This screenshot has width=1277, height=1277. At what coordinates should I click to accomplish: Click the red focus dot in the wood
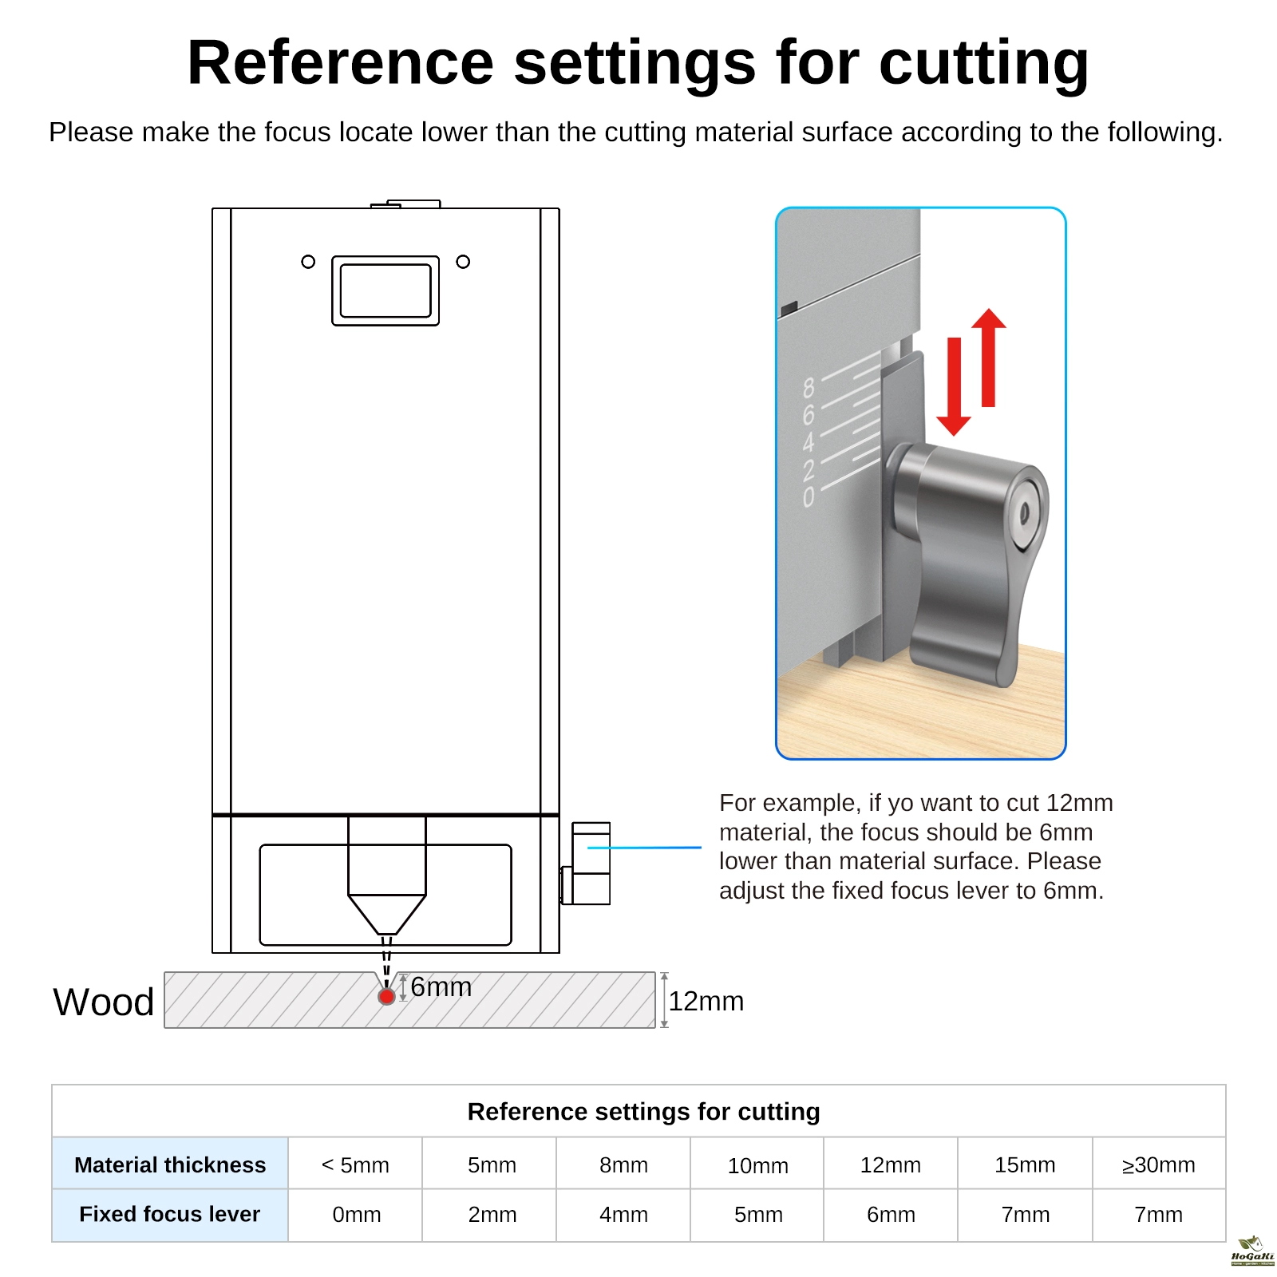386,996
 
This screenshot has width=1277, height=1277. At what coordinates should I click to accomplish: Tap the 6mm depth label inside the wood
441,987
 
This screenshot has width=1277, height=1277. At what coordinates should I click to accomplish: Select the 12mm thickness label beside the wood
706,1002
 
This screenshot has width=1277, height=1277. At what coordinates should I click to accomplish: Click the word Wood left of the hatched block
104,1002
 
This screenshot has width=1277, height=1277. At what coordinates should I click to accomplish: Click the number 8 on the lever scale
809,389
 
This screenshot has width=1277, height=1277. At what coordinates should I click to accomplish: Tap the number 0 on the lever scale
809,497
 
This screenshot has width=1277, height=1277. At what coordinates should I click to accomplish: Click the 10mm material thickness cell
757,1166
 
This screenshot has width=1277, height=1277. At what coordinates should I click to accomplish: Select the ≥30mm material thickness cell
1158,1165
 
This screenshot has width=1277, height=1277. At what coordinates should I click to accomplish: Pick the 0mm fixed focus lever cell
356,1215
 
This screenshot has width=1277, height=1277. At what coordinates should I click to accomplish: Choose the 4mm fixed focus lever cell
623,1215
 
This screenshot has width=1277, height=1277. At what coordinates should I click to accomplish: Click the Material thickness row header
170,1165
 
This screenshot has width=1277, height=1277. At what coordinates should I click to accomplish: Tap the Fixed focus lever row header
170,1215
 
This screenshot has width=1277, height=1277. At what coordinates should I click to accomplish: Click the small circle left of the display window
308,262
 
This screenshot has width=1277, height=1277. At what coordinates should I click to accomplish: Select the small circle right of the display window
463,262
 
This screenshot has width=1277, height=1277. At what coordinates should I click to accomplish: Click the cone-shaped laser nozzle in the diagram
386,914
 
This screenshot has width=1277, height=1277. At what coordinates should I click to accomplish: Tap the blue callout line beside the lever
644,848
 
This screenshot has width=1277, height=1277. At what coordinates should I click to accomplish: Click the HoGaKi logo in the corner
1252,1251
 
